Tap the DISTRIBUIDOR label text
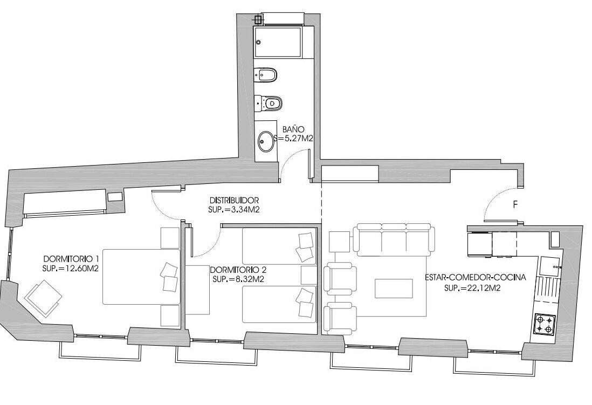(234, 200)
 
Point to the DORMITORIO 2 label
(238, 270)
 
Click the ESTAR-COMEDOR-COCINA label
(476, 277)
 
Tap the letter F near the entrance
(515, 205)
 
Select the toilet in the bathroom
(269, 103)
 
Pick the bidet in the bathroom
(266, 75)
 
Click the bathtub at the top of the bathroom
(278, 43)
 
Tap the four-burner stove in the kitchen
(543, 324)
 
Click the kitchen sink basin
(550, 266)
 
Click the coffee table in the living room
(394, 289)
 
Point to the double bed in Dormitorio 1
(142, 277)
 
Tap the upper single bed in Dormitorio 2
(279, 246)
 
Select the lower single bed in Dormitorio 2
(279, 305)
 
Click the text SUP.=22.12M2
(472, 288)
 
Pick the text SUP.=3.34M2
(233, 210)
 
